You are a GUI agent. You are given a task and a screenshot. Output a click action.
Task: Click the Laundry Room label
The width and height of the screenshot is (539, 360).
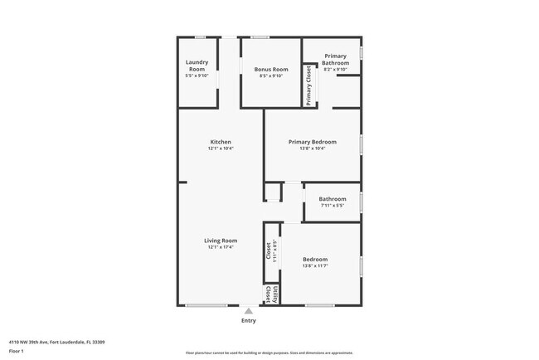(x=197, y=65)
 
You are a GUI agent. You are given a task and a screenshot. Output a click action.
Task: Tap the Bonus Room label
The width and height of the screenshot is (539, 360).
(x=271, y=69)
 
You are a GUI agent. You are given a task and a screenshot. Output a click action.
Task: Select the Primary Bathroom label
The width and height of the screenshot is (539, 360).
(x=335, y=59)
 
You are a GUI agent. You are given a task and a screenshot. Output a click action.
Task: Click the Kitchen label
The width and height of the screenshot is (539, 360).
(x=221, y=142)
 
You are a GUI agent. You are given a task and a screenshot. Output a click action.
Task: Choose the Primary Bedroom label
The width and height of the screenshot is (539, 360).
(x=312, y=142)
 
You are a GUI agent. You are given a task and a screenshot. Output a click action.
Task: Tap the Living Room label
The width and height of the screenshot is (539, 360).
(x=221, y=241)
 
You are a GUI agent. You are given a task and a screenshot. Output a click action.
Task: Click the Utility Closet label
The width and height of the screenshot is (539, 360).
(x=268, y=294)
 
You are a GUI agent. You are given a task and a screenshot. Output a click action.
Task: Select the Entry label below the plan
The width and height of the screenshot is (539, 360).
(x=248, y=320)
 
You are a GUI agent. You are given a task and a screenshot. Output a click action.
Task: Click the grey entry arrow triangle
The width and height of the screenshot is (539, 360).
(x=248, y=310)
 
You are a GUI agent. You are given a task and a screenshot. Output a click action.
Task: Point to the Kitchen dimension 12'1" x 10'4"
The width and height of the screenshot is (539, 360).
(x=221, y=148)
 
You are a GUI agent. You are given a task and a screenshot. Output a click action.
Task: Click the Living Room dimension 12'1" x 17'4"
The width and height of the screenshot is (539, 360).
(x=221, y=247)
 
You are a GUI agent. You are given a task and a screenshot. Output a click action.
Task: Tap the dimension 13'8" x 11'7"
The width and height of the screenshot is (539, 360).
(x=315, y=265)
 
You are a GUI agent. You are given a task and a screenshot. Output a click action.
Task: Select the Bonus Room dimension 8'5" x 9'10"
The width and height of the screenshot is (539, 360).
(x=271, y=75)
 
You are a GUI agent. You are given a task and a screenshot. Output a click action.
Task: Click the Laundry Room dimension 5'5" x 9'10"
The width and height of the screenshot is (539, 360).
(x=197, y=75)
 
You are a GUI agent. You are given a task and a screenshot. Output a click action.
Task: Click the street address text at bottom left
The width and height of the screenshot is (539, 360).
(x=56, y=341)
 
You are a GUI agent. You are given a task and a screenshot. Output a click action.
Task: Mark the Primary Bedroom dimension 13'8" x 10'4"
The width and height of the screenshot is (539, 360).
(x=312, y=148)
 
